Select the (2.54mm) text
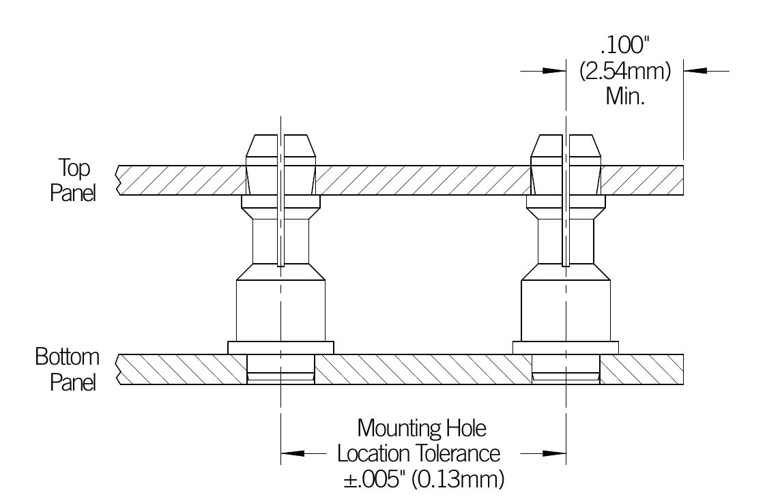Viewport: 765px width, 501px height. coord(625,71)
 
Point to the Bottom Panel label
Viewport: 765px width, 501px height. coord(68,369)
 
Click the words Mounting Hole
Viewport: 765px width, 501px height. coord(422,429)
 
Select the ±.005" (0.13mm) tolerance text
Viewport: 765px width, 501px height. coord(424,478)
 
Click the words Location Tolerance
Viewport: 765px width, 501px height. coord(419,453)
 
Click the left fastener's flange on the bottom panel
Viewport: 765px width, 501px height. coord(280,348)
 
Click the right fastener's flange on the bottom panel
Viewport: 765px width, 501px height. coord(566,348)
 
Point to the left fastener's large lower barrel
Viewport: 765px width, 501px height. coord(280,310)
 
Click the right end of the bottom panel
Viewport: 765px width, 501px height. coord(679,369)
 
